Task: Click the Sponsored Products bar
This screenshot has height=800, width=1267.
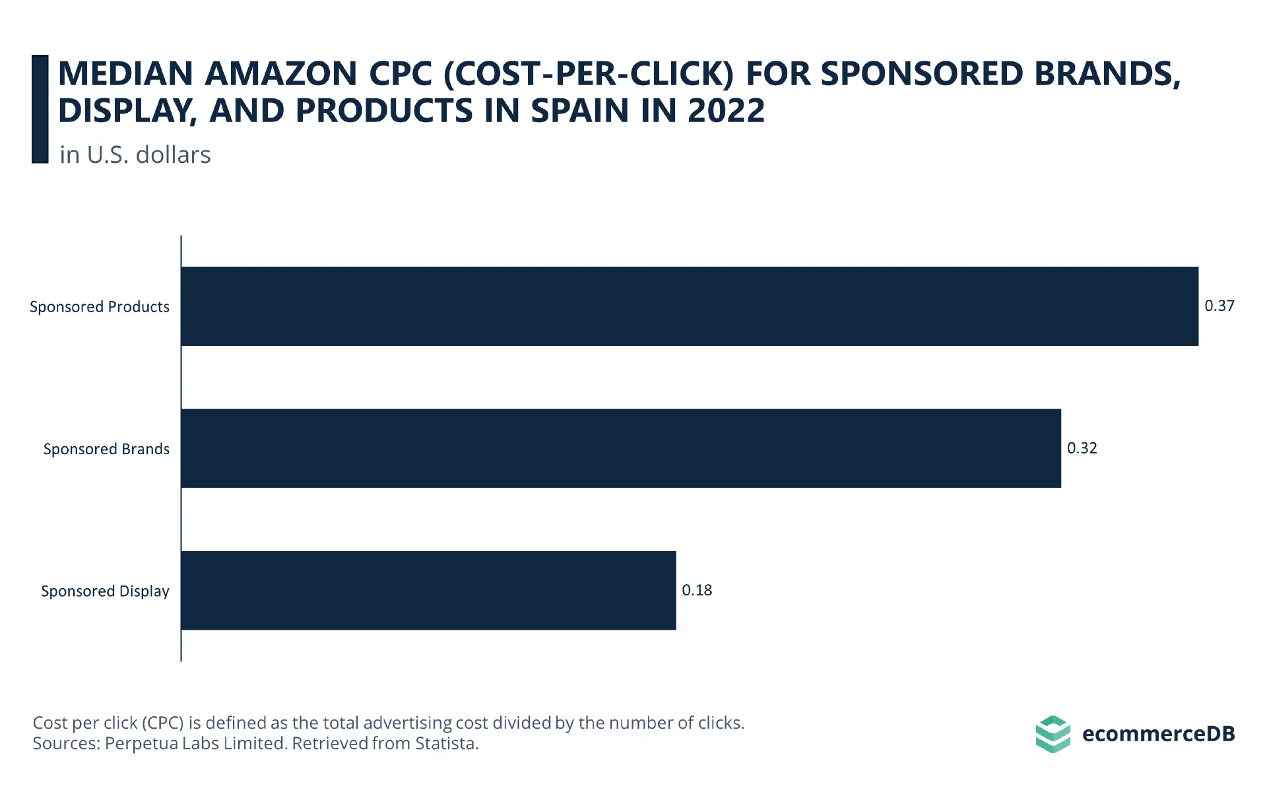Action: pos(690,306)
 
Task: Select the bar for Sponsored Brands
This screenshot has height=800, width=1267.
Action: pos(621,448)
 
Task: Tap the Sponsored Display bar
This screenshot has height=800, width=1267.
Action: pos(428,591)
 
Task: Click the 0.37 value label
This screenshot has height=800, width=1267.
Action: pos(1219,306)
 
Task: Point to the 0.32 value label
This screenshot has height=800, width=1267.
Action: pos(1082,448)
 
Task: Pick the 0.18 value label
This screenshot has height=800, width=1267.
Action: pos(696,590)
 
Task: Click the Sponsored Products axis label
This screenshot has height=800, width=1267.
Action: pos(100,307)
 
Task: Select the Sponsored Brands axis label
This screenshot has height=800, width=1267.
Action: pos(106,449)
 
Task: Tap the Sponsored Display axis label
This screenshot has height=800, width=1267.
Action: pos(105,591)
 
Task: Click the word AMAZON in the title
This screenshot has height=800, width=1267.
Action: pos(281,73)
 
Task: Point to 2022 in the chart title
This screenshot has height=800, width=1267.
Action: pos(726,110)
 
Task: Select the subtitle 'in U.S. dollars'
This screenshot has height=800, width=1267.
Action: pos(135,154)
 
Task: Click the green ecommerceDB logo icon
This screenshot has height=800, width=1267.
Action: pos(1053,734)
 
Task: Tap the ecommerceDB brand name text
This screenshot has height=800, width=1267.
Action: pos(1158,734)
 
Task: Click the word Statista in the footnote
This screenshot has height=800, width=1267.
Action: pos(447,743)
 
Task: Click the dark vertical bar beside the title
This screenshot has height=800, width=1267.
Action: pos(40,109)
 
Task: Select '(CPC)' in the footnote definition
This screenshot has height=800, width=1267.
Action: pos(162,723)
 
